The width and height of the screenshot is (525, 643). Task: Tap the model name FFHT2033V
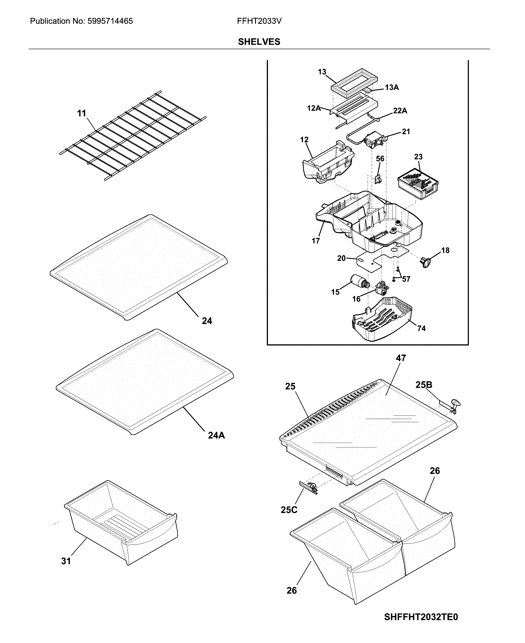(259, 21)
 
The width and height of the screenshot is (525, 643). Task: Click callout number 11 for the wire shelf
(82, 113)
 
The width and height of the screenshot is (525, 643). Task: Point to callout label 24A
(216, 435)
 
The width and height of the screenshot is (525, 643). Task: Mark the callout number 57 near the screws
(406, 279)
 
